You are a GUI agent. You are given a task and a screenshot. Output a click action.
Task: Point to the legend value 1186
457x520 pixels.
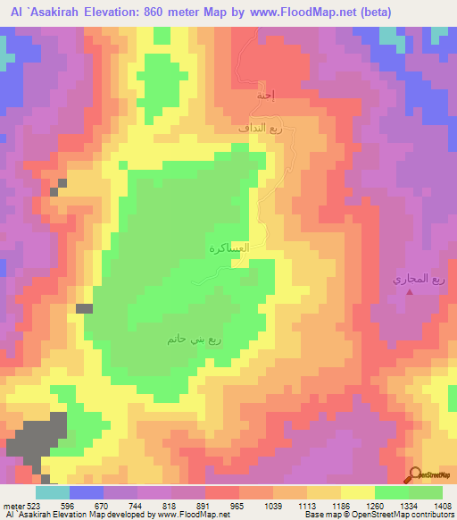[339, 506]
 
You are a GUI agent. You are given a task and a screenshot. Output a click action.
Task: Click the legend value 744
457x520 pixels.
[137, 506]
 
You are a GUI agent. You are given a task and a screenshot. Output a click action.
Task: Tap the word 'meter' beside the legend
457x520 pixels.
[12, 506]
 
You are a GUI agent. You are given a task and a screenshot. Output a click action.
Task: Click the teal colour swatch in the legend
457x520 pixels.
[53, 492]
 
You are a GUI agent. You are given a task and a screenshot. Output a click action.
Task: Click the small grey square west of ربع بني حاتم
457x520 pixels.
[84, 308]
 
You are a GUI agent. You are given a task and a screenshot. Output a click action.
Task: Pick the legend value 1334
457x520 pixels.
[407, 506]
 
